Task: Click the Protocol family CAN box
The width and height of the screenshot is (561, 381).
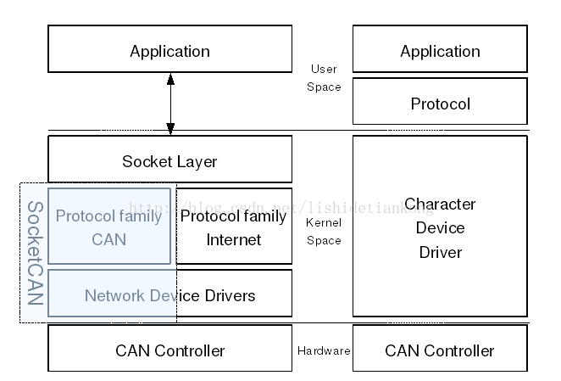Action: pos(108,227)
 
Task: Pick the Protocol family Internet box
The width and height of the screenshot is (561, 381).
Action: pos(234,227)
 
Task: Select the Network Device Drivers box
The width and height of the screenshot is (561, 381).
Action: pos(169,294)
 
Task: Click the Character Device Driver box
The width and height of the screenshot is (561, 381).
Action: pos(440,227)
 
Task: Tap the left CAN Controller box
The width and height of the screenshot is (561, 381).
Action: pos(169,349)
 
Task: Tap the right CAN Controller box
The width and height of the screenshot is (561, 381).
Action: pos(440,349)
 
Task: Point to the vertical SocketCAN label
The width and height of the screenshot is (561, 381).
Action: pos(35,253)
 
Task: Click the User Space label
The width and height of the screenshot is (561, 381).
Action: pos(325,78)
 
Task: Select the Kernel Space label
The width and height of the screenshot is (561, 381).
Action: pos(323,232)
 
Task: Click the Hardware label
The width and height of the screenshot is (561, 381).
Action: pos(324,350)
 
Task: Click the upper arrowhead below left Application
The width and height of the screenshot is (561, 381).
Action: pos(170,79)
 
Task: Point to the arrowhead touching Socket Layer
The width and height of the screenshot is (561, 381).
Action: pos(170,129)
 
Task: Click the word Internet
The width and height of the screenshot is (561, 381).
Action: pos(234,239)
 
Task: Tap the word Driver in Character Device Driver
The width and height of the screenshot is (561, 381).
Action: pos(441,252)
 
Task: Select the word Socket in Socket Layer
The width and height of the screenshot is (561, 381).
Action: pos(145,161)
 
